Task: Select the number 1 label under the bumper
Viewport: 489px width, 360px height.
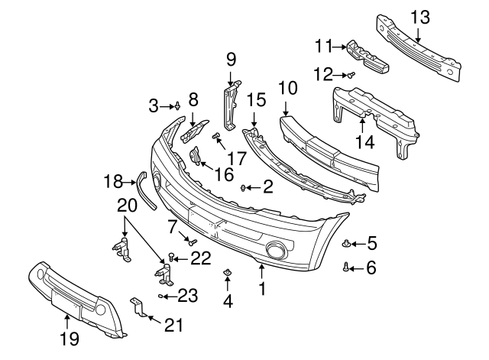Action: click(262, 290)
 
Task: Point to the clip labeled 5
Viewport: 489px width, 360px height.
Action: click(346, 244)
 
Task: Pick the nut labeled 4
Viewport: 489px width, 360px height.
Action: click(228, 273)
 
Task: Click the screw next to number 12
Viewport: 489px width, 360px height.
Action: click(351, 75)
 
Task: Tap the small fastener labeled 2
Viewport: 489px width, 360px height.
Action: click(244, 186)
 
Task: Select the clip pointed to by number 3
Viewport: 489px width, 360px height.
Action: click(177, 105)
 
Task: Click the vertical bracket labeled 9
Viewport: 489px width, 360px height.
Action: click(229, 107)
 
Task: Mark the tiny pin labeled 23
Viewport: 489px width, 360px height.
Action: click(162, 294)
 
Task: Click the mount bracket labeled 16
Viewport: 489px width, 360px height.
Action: click(196, 159)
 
